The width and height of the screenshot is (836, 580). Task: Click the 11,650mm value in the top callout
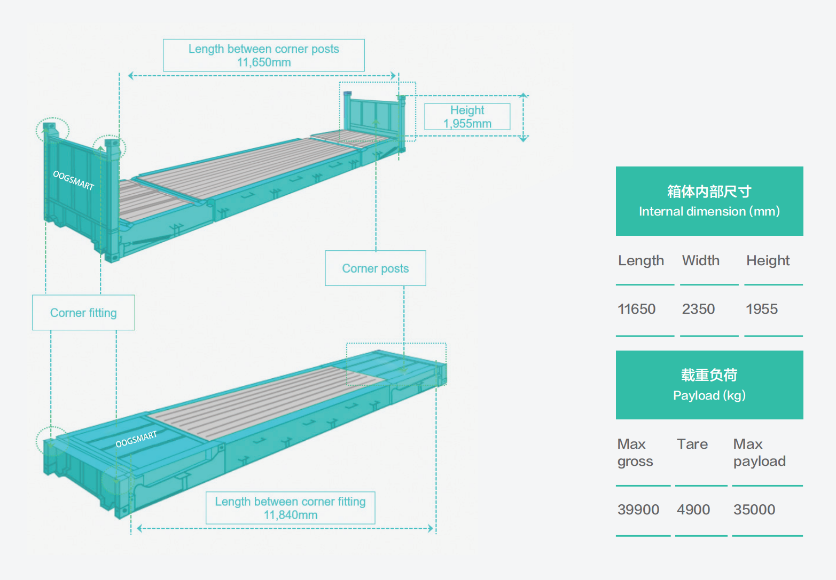(264, 62)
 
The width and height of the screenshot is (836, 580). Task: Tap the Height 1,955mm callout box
(467, 117)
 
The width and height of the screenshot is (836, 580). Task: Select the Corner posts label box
(375, 268)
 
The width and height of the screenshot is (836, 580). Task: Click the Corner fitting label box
(83, 313)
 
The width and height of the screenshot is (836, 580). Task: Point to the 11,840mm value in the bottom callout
(290, 515)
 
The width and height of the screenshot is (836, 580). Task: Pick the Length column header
(640, 260)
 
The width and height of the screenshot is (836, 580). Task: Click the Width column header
(700, 260)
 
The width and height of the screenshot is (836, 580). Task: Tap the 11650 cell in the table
(636, 309)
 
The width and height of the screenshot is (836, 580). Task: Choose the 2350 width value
(698, 309)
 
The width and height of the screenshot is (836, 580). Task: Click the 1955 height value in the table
(761, 309)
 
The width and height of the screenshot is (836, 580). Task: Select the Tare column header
(692, 444)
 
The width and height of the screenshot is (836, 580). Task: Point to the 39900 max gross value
(638, 510)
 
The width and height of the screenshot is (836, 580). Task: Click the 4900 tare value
(693, 510)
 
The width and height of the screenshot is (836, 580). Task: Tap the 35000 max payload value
(754, 510)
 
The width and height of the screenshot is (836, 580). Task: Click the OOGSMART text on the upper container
(73, 180)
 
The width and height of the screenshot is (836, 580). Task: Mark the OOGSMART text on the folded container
(136, 439)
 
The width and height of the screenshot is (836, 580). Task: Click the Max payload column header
(759, 452)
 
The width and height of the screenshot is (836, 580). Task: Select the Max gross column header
(635, 452)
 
